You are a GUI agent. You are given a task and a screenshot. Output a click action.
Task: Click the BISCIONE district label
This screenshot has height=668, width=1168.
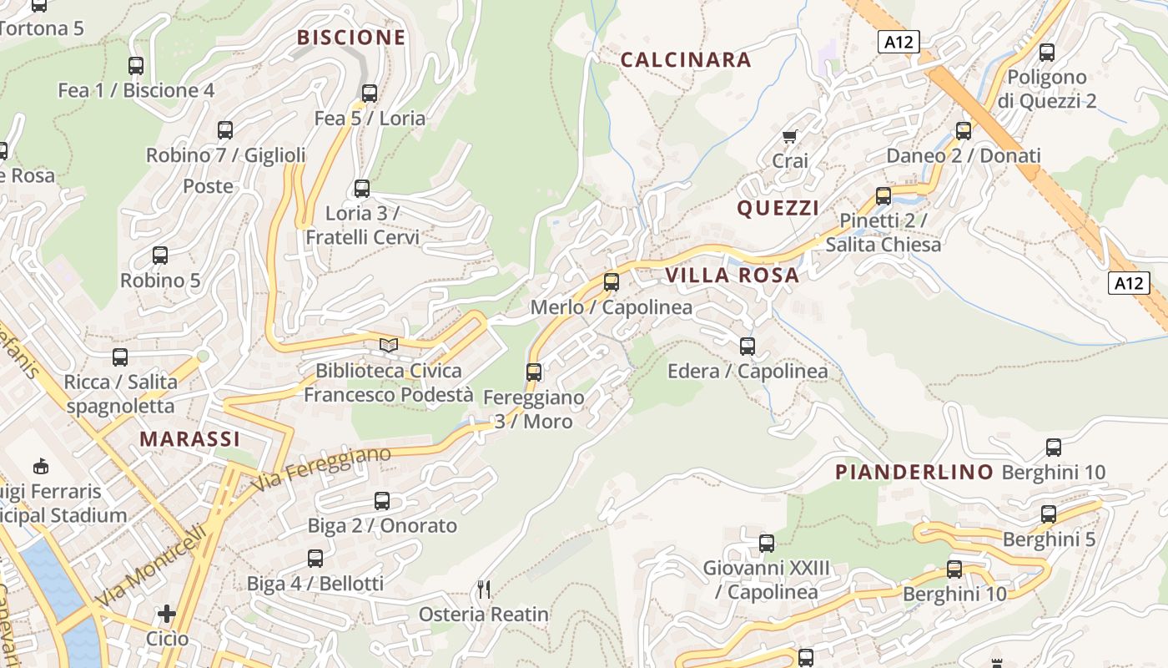click(351, 38)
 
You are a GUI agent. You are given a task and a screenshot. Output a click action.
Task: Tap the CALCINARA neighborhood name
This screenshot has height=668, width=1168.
click(686, 60)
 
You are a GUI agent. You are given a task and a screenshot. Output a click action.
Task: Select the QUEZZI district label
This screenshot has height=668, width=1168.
click(778, 209)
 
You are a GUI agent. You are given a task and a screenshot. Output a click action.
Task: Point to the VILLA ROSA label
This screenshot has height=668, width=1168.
click(732, 276)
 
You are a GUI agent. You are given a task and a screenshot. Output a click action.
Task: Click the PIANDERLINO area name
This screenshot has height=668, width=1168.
click(914, 473)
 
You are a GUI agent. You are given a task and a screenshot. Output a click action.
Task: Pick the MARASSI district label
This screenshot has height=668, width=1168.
click(189, 439)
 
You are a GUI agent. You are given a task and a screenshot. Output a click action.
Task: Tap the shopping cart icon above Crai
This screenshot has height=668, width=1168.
click(789, 136)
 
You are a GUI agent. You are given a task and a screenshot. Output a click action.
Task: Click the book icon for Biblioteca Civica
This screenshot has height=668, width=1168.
click(388, 345)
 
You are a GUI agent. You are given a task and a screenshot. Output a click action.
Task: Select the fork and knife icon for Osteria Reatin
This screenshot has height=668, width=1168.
click(484, 590)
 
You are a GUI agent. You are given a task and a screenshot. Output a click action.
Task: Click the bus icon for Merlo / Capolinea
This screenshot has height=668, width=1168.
click(612, 282)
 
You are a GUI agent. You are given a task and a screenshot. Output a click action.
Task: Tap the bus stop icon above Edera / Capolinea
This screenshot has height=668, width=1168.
click(748, 346)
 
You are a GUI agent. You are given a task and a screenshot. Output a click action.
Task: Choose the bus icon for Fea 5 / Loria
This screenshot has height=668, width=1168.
click(370, 94)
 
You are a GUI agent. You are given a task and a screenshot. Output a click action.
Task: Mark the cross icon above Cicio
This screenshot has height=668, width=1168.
click(167, 615)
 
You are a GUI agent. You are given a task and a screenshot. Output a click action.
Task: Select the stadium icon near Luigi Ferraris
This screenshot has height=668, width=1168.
click(40, 465)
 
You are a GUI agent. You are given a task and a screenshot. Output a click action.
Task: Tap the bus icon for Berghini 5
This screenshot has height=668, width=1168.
click(1049, 514)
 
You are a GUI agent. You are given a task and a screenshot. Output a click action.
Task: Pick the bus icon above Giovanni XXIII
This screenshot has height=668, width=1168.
click(767, 544)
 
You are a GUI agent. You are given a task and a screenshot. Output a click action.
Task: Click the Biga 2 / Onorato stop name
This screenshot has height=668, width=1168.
click(382, 526)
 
